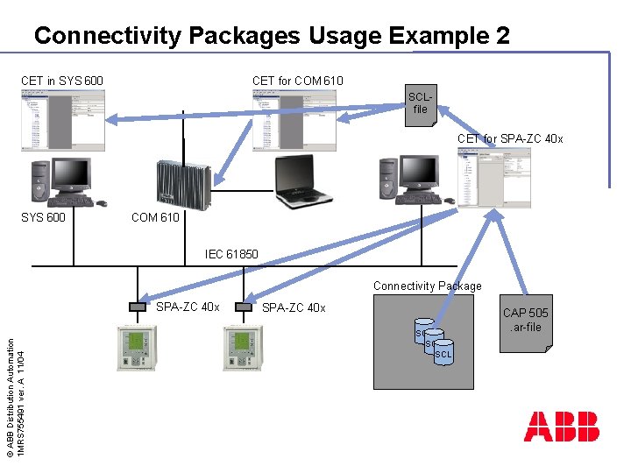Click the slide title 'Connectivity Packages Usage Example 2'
pyautogui.click(x=272, y=36)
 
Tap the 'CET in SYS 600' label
pyautogui.click(x=62, y=81)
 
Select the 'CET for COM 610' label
pyautogui.click(x=298, y=81)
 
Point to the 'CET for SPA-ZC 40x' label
pyautogui.click(x=510, y=138)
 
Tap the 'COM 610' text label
pyautogui.click(x=155, y=217)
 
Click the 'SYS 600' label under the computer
pyautogui.click(x=43, y=217)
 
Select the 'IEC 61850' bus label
pyautogui.click(x=231, y=255)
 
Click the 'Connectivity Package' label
pyautogui.click(x=428, y=286)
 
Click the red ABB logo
pyautogui.click(x=562, y=427)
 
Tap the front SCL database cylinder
pyautogui.click(x=443, y=353)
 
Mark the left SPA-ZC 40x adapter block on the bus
pyautogui.click(x=138, y=307)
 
